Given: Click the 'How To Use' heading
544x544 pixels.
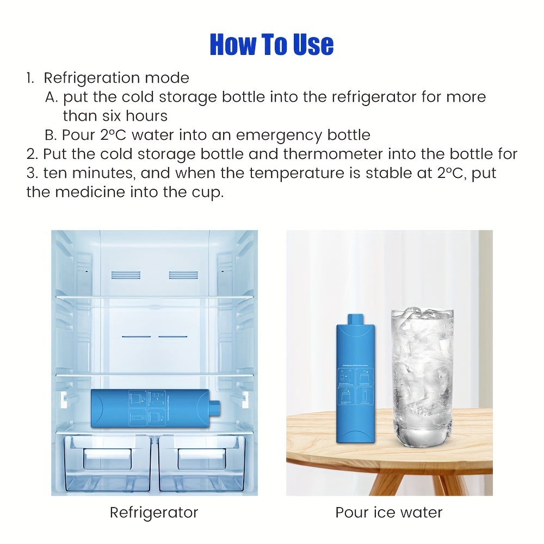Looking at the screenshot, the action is click(271, 45).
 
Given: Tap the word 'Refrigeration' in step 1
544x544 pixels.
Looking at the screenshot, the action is click(91, 78).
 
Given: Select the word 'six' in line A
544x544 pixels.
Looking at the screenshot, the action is click(112, 116).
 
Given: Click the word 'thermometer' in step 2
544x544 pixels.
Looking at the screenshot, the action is click(333, 154).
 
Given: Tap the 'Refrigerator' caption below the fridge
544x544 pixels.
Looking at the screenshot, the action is click(154, 512).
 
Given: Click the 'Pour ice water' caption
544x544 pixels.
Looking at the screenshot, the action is click(389, 512).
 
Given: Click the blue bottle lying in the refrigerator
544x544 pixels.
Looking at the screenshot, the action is click(156, 408).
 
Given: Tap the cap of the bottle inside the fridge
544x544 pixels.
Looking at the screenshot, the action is click(215, 407).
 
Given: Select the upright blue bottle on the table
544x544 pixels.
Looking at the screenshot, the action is click(356, 378).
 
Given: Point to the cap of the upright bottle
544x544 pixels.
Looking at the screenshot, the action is click(356, 319).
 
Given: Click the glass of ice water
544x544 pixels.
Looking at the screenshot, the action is click(422, 378).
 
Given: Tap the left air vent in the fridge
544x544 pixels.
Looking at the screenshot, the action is click(126, 275).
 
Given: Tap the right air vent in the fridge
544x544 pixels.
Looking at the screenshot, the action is click(183, 275).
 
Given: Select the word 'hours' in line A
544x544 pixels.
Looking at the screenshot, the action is click(146, 116).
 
